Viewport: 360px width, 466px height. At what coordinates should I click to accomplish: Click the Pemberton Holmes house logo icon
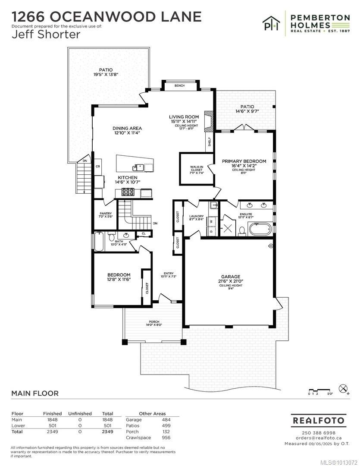[x=272, y=24]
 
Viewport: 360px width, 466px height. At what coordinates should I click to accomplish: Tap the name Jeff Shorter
[x=46, y=35]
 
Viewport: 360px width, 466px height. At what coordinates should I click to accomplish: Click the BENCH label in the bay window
[x=179, y=86]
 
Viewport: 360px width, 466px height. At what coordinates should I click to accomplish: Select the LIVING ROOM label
[x=184, y=117]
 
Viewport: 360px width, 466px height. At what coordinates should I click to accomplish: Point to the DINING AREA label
[x=127, y=128]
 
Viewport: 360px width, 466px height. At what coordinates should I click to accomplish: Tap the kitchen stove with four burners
[x=128, y=192]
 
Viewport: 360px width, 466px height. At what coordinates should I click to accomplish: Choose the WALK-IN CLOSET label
[x=196, y=169]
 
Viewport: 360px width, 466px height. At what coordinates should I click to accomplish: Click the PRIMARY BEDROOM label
[x=244, y=161]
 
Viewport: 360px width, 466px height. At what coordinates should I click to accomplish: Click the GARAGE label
[x=231, y=277]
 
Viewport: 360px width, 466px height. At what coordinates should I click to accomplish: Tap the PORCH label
[x=154, y=322]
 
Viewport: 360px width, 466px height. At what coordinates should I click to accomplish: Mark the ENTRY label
[x=168, y=274]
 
